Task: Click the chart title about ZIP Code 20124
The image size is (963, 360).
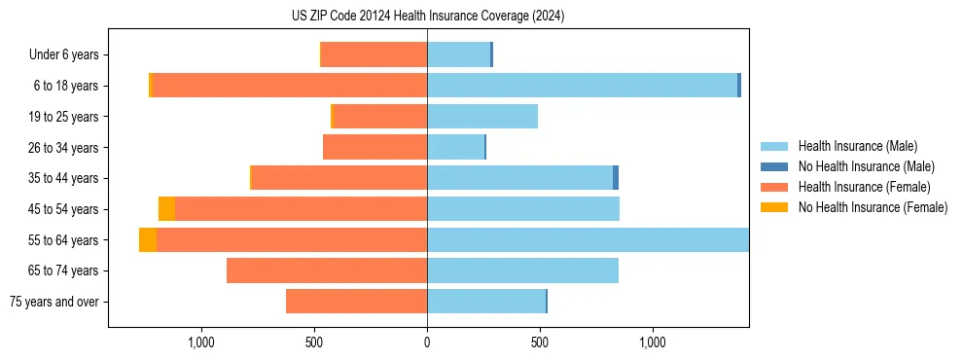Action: (427, 17)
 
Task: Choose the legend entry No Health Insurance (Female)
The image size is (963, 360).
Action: (873, 207)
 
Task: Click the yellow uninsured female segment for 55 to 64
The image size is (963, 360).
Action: (148, 240)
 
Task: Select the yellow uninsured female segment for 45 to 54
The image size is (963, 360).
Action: (166, 209)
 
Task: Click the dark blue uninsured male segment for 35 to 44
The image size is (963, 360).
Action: (616, 178)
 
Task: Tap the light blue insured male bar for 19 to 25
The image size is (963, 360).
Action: (482, 117)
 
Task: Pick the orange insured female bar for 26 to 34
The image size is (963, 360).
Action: (374, 148)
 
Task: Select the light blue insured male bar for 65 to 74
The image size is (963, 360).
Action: (522, 270)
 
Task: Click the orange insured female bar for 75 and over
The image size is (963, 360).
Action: (356, 302)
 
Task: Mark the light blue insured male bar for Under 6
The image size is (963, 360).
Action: (458, 55)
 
